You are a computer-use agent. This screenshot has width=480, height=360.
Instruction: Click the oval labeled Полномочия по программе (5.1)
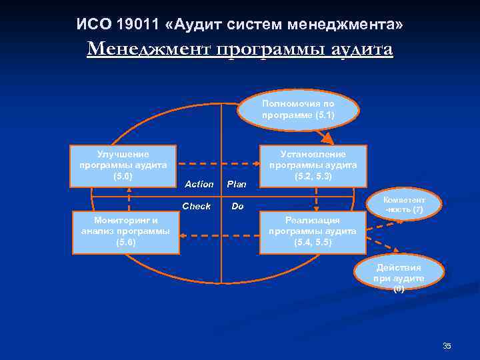pos(298,109)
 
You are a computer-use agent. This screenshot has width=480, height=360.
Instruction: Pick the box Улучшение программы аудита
pos(123,165)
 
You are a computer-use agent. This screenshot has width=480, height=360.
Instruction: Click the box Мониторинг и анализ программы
pos(125,233)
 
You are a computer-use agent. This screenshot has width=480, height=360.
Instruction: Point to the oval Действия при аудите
pos(398,276)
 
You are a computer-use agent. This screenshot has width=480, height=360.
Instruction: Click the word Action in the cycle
pos(199,184)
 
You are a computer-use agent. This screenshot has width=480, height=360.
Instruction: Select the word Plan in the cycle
pos(237,184)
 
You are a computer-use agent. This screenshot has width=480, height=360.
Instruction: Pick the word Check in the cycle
pos(196,206)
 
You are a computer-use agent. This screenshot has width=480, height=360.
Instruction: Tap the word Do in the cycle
pos(237,207)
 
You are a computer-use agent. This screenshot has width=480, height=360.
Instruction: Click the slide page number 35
pos(447,345)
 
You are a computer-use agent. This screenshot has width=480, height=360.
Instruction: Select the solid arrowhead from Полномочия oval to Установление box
pos(329,140)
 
